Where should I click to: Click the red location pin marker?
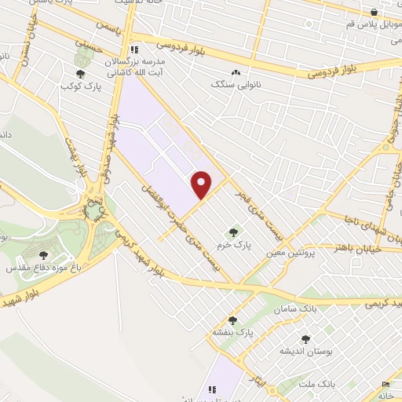[202, 184]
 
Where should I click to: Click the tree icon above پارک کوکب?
[81, 74]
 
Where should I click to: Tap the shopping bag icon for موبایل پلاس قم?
[375, 13]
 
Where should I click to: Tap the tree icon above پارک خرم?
[232, 231]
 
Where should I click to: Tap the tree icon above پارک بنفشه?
[232, 320]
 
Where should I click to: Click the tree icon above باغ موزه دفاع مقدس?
[43, 254]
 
